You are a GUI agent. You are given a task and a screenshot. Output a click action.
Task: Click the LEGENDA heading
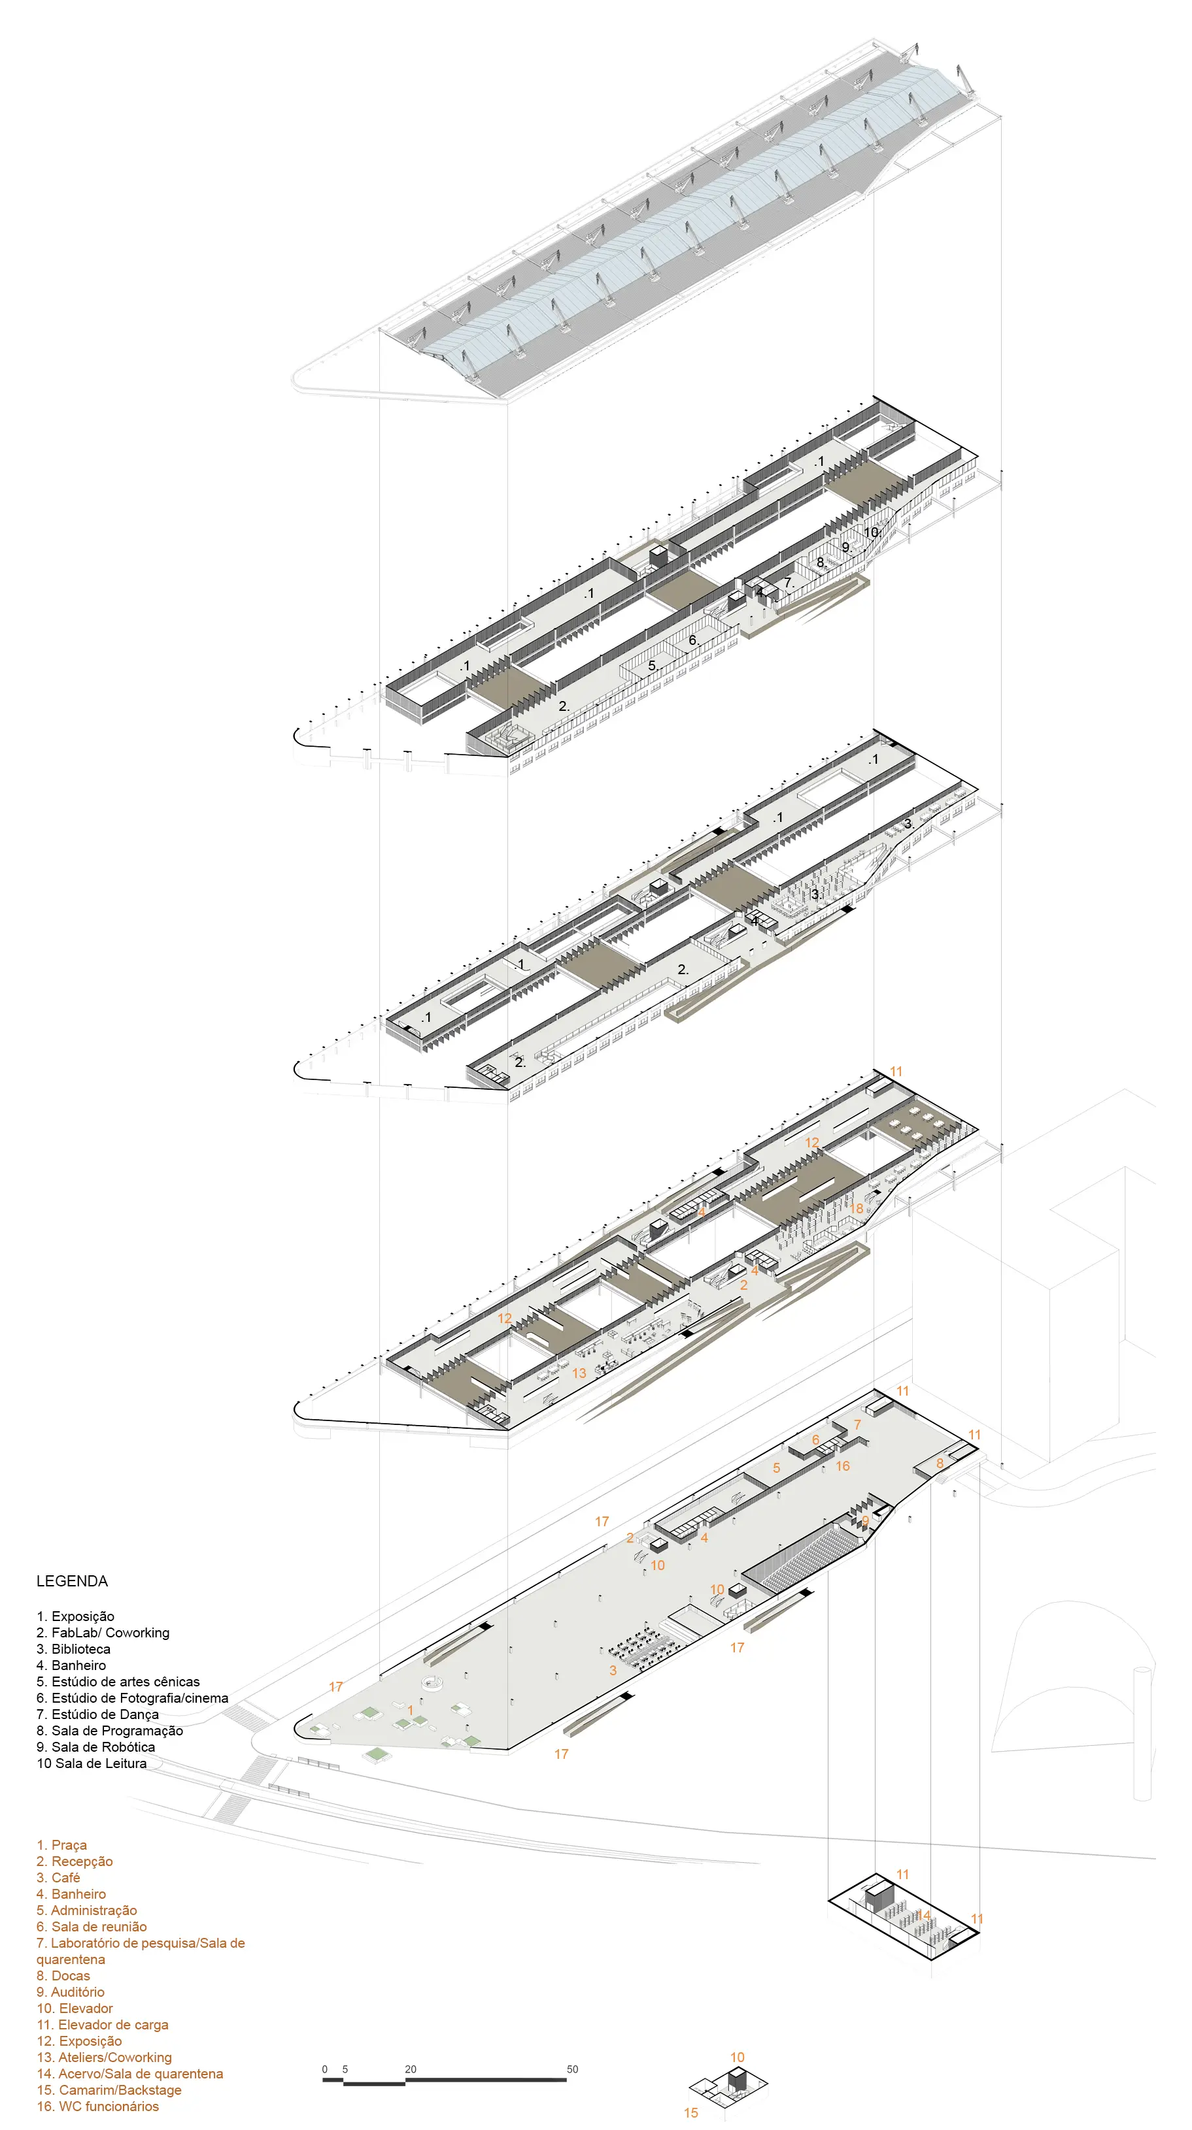click(x=72, y=1581)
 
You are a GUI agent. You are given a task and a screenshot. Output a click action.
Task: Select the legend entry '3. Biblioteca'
click(x=74, y=1648)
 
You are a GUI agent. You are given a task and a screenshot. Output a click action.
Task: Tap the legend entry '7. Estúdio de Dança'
click(x=97, y=1714)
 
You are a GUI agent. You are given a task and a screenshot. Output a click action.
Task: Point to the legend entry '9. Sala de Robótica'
click(x=96, y=1747)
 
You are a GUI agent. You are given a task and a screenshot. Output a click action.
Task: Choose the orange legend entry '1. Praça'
click(x=61, y=1844)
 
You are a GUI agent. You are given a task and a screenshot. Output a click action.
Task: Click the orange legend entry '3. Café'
click(x=58, y=1878)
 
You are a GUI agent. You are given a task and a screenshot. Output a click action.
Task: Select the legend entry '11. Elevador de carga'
click(x=103, y=2025)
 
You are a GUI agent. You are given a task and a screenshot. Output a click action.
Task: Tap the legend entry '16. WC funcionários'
click(x=97, y=2106)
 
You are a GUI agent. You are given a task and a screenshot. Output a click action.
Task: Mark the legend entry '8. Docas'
click(x=63, y=1975)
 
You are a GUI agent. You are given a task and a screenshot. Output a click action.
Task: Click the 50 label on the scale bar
click(x=572, y=2069)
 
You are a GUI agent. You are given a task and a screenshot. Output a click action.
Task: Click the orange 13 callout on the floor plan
click(x=579, y=1373)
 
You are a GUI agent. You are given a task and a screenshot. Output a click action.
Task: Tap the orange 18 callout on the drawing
click(x=857, y=1208)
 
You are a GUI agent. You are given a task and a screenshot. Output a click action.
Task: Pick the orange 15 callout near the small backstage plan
click(x=690, y=2112)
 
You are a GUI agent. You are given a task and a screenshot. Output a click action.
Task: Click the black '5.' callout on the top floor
click(x=653, y=666)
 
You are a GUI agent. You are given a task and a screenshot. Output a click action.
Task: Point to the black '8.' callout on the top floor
click(x=821, y=563)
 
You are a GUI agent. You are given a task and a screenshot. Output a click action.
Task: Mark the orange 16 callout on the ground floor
click(x=842, y=1466)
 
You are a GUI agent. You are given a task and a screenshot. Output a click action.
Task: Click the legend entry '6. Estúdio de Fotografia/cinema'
click(x=132, y=1697)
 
